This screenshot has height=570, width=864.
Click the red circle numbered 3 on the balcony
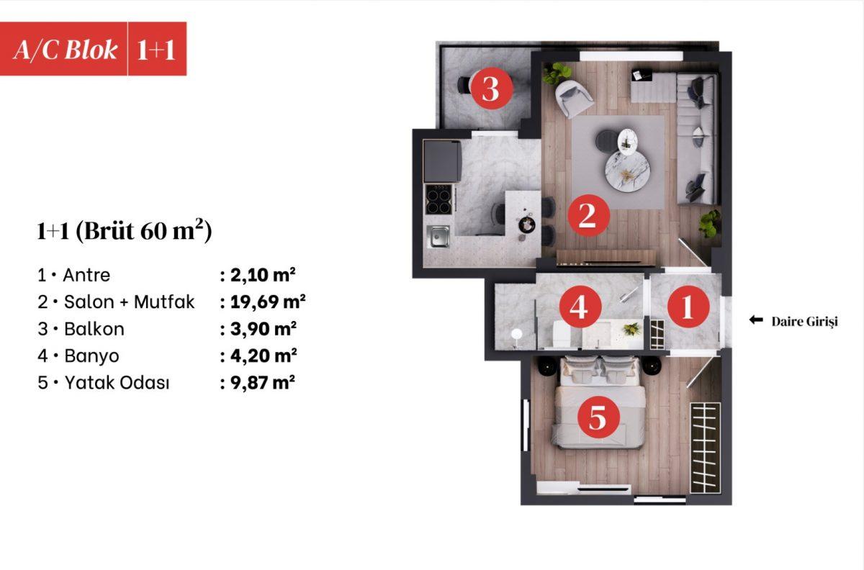(x=491, y=89)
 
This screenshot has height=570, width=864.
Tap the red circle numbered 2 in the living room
(x=588, y=215)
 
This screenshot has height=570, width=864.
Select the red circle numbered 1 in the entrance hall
(x=688, y=307)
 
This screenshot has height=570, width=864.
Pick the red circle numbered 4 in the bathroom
(x=580, y=307)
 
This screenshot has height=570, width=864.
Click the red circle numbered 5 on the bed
(x=598, y=417)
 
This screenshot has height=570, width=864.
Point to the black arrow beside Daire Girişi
(x=756, y=320)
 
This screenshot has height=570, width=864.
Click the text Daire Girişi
(x=805, y=322)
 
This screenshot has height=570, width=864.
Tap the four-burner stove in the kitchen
(x=438, y=199)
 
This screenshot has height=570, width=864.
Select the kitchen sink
(x=438, y=236)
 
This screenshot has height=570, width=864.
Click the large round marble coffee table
(x=628, y=170)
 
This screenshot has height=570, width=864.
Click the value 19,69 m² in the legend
(x=268, y=302)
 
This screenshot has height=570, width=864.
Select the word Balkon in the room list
(x=94, y=329)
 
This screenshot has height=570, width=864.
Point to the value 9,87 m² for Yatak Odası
(x=263, y=383)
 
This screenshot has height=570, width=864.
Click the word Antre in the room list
(x=86, y=275)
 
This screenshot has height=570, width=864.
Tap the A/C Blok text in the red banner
(x=66, y=50)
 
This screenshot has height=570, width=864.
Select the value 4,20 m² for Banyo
(x=264, y=356)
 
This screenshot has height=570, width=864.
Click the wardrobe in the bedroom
(x=705, y=448)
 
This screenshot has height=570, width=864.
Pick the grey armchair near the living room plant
(x=574, y=98)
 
